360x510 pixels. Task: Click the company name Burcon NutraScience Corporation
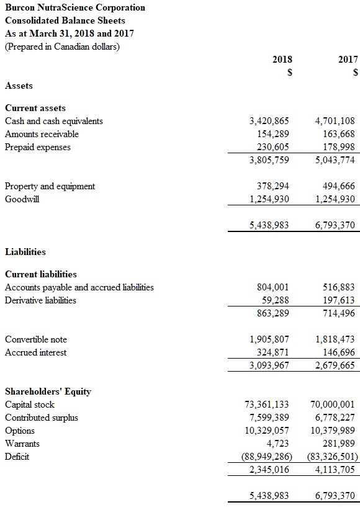point(75,7)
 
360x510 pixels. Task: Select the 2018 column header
point(282,60)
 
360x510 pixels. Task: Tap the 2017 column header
point(348,60)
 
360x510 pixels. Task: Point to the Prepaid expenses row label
point(38,147)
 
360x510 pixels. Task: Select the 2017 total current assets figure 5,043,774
point(335,160)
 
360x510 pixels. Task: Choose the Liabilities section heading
point(25,252)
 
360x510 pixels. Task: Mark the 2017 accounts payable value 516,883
point(339,287)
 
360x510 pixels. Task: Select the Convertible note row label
point(36,339)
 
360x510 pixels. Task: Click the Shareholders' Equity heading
point(48,391)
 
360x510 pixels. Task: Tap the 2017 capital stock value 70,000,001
point(332,405)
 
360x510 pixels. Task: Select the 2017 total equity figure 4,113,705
point(335,470)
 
